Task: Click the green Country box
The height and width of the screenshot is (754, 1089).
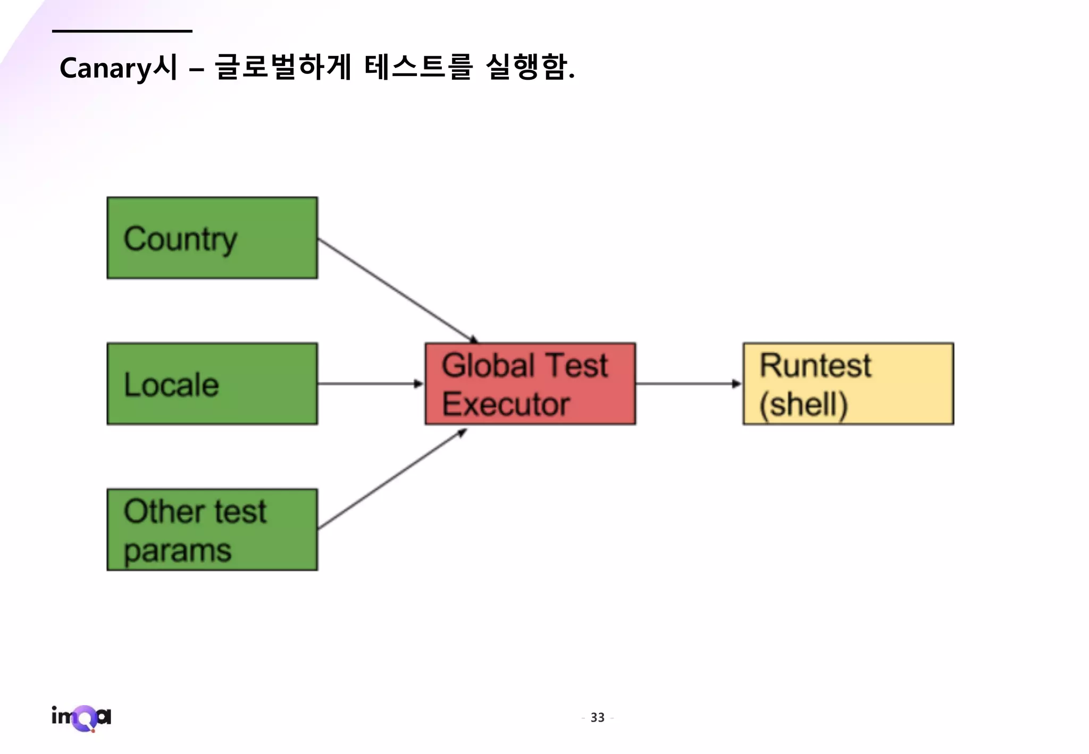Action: pyautogui.click(x=212, y=238)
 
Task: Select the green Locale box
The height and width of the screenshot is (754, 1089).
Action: pyautogui.click(x=212, y=383)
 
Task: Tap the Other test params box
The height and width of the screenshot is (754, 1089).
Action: pyautogui.click(x=212, y=530)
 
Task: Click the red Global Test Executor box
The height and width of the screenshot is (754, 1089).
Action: pyautogui.click(x=530, y=383)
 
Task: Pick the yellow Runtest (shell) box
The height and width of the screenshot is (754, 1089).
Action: pyautogui.click(x=848, y=383)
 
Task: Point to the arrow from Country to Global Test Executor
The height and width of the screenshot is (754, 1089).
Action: pyautogui.click(x=396, y=290)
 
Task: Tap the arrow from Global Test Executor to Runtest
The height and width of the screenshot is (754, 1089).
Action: pyautogui.click(x=689, y=383)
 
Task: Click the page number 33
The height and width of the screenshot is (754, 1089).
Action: pyautogui.click(x=598, y=717)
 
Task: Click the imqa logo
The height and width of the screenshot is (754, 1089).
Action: pyautogui.click(x=81, y=718)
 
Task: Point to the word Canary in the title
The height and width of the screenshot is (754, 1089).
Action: pyautogui.click(x=106, y=69)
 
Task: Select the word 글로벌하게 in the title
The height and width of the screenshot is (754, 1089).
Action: pyautogui.click(x=283, y=68)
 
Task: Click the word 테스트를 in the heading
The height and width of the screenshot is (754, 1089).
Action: pyautogui.click(x=418, y=68)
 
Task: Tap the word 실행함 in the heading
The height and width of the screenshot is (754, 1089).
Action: pyautogui.click(x=526, y=68)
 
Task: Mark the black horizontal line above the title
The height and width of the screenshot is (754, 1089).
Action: pyautogui.click(x=122, y=31)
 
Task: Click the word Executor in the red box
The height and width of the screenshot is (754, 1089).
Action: pyautogui.click(x=506, y=404)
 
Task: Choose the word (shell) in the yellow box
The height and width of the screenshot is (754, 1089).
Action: pyautogui.click(x=803, y=405)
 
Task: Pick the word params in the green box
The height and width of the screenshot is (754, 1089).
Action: pyautogui.click(x=178, y=551)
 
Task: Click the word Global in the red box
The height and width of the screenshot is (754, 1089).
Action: pyautogui.click(x=488, y=365)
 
